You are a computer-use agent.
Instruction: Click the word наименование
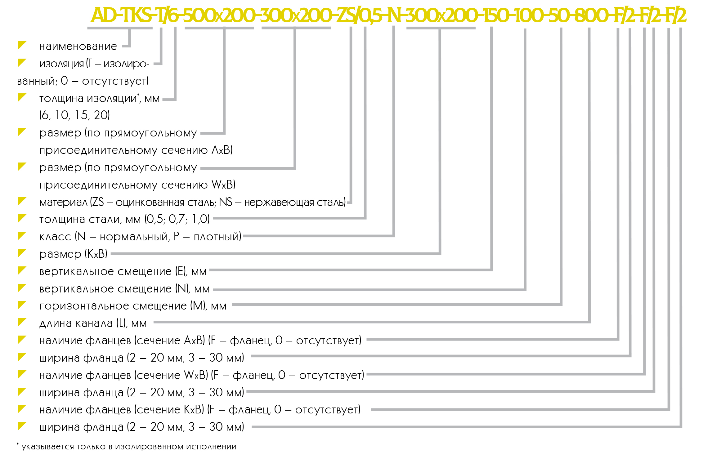pyautogui.click(x=78, y=47)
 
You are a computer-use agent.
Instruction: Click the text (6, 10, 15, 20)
pyautogui.click(x=74, y=115)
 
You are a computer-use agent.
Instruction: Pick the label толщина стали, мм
pyautogui.click(x=90, y=219)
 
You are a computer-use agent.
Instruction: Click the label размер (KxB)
pyautogui.click(x=73, y=254)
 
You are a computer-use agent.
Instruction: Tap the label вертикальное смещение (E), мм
pyautogui.click(x=123, y=271)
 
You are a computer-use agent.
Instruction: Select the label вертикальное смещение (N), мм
pyautogui.click(x=124, y=289)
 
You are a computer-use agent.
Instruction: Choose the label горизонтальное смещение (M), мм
pyautogui.click(x=133, y=306)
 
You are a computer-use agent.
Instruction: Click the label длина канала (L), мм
pyautogui.click(x=93, y=323)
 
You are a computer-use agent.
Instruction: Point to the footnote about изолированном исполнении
pyautogui.click(x=127, y=446)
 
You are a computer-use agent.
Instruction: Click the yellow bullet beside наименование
pyautogui.click(x=22, y=45)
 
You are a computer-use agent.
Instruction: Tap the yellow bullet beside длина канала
pyautogui.click(x=22, y=322)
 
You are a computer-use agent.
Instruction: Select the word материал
pyautogui.click(x=64, y=202)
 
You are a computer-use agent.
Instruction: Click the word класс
pyautogui.click(x=55, y=237)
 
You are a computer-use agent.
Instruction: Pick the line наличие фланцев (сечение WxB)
pyautogui.click(x=202, y=375)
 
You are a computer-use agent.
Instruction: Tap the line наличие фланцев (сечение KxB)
pyautogui.click(x=200, y=410)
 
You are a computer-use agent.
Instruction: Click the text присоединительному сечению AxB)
pyautogui.click(x=136, y=150)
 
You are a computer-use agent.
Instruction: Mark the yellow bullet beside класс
pyautogui.click(x=22, y=236)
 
